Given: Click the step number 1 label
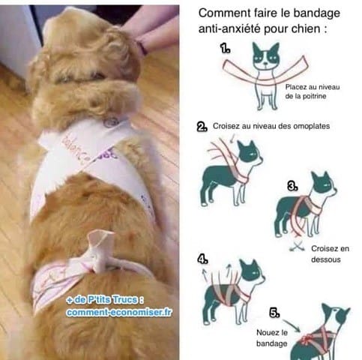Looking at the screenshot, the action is [x=225, y=48].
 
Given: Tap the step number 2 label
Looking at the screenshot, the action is [x=202, y=127].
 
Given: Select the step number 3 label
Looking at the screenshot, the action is [x=292, y=186].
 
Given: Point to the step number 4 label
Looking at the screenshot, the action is [x=202, y=259].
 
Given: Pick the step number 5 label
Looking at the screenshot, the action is [x=274, y=313].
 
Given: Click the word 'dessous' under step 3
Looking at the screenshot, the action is [x=326, y=259].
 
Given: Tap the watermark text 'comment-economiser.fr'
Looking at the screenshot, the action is [x=119, y=312].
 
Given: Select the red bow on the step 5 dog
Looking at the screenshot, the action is [x=307, y=339].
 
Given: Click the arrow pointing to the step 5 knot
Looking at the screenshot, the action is [x=292, y=325].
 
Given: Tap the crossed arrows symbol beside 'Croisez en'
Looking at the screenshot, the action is [x=297, y=247].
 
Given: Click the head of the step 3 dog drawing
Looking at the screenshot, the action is [x=323, y=186].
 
